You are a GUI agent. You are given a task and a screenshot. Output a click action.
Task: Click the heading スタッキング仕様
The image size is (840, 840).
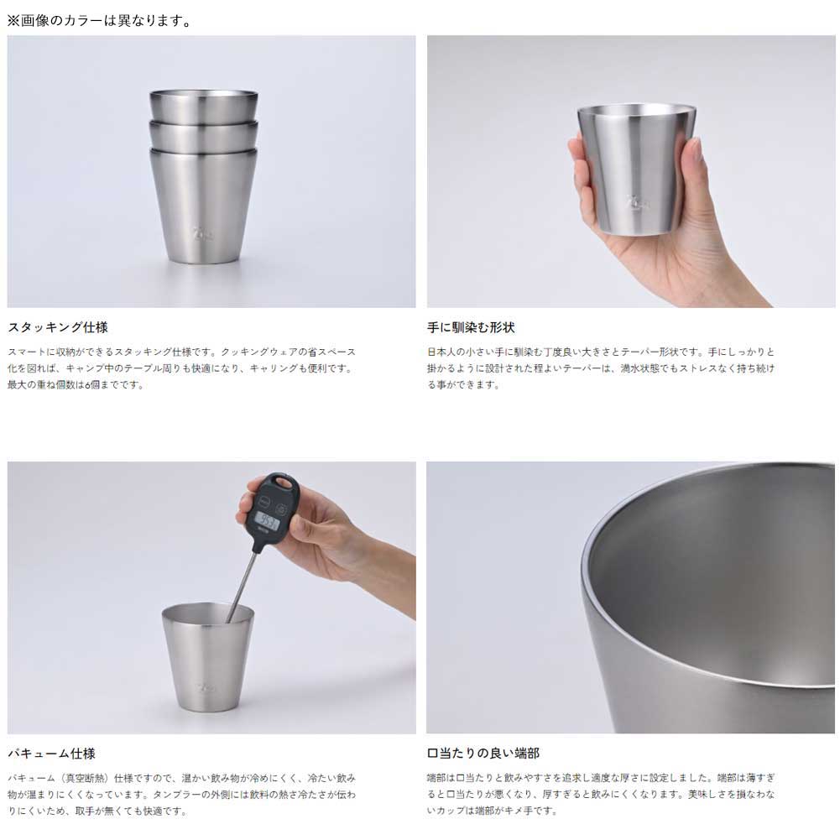click(x=58, y=326)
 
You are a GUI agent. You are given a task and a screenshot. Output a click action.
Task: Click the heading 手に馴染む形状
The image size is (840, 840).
click(x=471, y=326)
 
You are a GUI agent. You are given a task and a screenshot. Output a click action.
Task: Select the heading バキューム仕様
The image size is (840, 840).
click(x=51, y=754)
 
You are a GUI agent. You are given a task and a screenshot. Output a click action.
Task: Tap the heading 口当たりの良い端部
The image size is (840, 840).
click(x=483, y=753)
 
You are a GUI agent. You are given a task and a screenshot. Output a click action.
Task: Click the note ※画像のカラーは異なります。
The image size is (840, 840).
click(x=99, y=20)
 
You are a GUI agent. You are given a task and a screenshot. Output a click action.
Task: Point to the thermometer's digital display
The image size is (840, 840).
click(x=266, y=519)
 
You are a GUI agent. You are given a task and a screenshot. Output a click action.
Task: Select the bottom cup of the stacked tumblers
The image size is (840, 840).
click(x=204, y=206)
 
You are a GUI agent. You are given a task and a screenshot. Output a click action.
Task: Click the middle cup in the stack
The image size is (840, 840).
click(x=204, y=135)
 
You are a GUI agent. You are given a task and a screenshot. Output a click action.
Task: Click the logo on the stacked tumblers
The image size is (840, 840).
click(x=202, y=233)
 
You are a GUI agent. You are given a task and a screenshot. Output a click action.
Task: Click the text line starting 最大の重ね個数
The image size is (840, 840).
click(x=76, y=384)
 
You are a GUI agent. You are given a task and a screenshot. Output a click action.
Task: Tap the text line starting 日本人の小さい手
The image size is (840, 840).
click(x=601, y=352)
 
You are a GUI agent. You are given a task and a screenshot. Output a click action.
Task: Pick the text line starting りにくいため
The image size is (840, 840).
click(x=97, y=811)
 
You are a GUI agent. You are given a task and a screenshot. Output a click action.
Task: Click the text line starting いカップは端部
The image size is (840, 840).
click(x=492, y=810)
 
